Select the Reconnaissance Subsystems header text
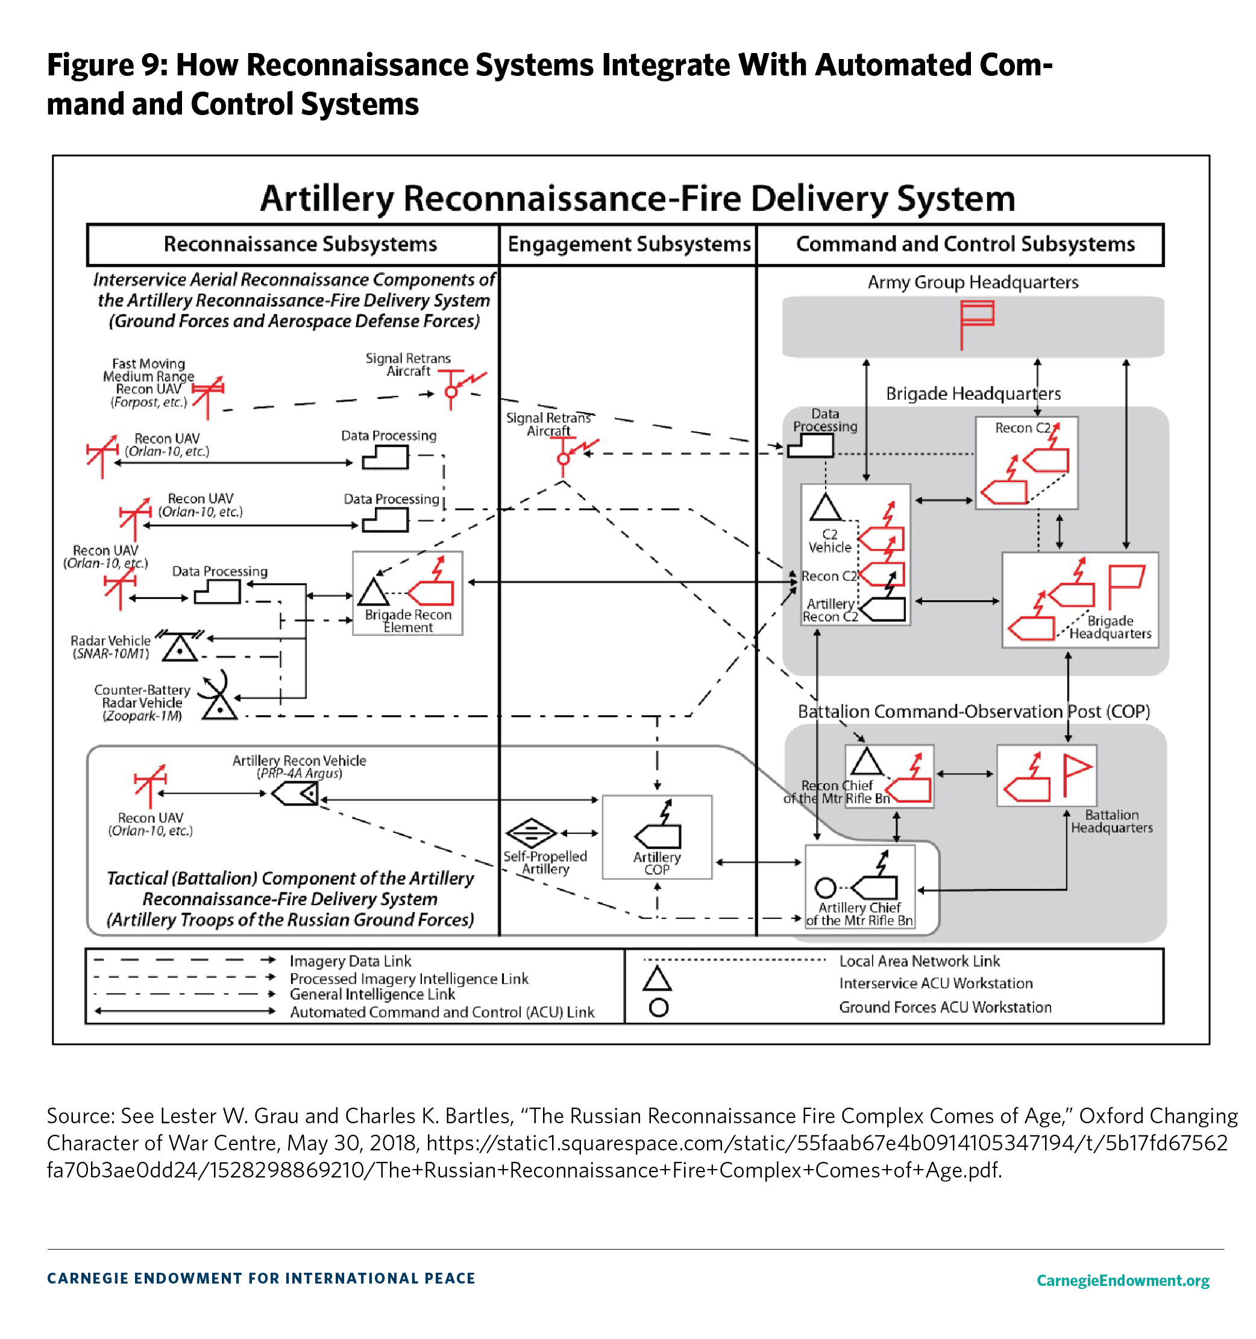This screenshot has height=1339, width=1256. [300, 244]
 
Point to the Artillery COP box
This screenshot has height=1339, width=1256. [656, 836]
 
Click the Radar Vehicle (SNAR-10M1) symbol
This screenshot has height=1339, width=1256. [179, 646]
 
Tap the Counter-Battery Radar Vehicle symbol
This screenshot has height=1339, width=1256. [218, 697]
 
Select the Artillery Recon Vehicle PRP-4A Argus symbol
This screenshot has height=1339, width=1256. [295, 794]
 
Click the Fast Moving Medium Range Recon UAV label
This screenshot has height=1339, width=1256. [148, 382]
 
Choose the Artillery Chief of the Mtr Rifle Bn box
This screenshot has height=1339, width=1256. [860, 886]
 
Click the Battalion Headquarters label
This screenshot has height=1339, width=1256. [1111, 820]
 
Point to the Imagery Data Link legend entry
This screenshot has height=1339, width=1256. [350, 961]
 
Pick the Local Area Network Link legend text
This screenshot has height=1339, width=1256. [918, 961]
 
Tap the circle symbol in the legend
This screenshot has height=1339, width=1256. [658, 1007]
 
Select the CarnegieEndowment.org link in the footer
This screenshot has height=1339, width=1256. [1122, 1280]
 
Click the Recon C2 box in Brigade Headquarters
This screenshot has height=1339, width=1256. [1026, 462]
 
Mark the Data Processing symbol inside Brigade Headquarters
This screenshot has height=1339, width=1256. [810, 445]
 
